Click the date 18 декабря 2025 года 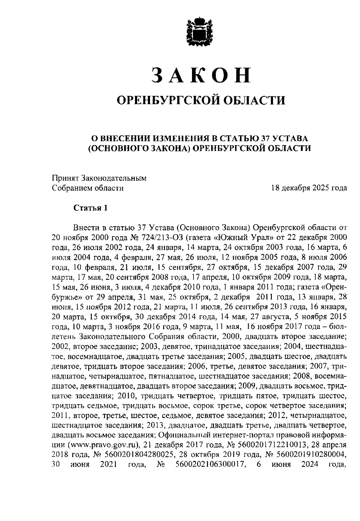[309, 188]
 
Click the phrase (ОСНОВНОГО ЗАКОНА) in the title [139, 149]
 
